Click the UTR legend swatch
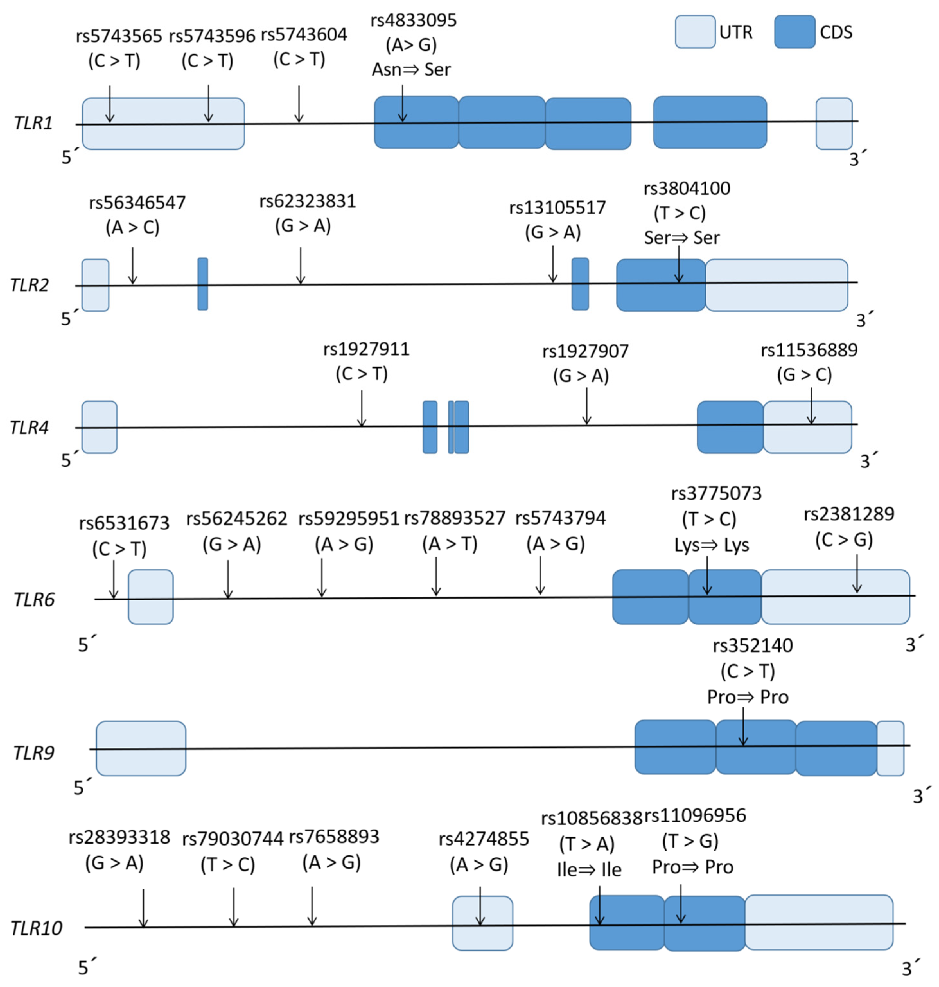pos(695,31)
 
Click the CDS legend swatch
pos(794,31)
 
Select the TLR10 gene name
pos(36,928)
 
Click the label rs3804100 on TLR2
pos(687,189)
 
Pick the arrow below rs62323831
pos(300,265)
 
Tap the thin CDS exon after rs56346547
pos(203,284)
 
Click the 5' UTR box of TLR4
pos(99,427)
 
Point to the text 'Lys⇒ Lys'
pos(711,545)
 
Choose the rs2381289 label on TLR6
pos(849,514)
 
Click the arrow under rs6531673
pos(114,579)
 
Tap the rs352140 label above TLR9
pos(753,646)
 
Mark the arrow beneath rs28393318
pos(143,908)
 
